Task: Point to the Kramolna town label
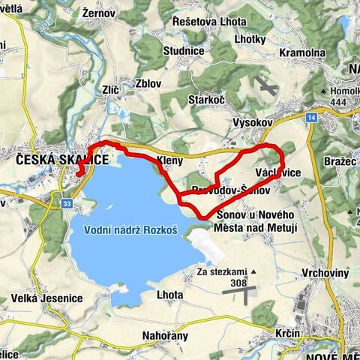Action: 301,54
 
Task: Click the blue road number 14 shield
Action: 310,117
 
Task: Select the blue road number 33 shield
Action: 67,203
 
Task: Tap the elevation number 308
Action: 239,283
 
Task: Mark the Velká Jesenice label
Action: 46,298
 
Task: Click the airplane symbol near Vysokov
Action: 264,87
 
